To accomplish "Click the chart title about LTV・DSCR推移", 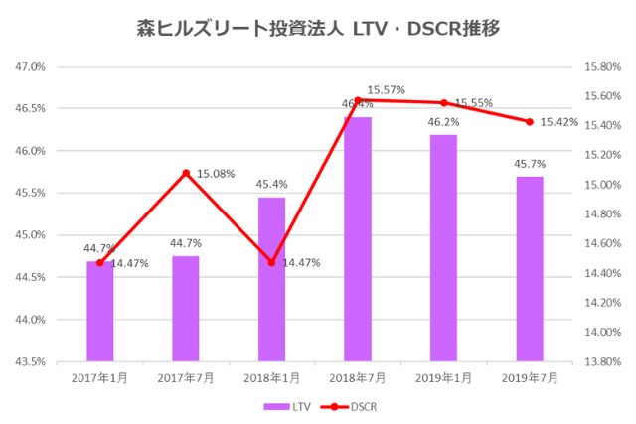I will point(317,29).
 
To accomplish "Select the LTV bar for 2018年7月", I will point(358,239).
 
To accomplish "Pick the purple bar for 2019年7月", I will point(530,269).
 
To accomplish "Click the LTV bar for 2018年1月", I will point(271,279).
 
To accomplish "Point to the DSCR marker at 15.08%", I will point(186,173).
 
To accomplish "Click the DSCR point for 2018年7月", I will point(358,100).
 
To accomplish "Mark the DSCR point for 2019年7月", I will point(530,122).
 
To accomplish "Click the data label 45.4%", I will point(271,184).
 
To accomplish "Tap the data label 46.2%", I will point(443,122).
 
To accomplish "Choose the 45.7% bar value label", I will point(530,163).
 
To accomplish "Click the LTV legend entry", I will point(287,406).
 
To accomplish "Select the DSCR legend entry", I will point(352,406).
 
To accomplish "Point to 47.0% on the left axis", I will point(31,67).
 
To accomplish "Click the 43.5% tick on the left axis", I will point(31,361).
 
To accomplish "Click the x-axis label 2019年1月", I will point(443,377).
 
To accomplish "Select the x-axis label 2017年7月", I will point(186,377).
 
